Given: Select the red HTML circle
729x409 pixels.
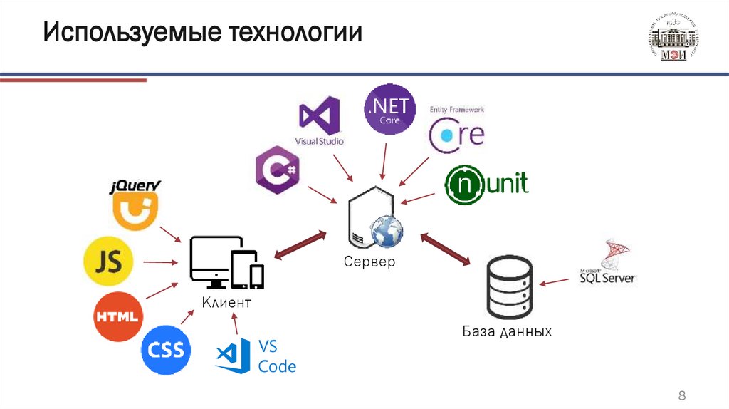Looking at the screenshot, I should pos(118,316).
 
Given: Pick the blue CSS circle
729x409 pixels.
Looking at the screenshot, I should pos(166,350).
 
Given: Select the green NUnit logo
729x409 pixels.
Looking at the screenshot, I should pos(487,185).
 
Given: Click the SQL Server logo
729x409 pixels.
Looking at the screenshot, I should pos(607,263).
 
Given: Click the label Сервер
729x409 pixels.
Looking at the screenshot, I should pos(369,262).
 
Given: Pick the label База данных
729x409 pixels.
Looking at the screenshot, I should pos(507,332).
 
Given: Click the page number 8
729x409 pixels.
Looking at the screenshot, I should pos(681,395).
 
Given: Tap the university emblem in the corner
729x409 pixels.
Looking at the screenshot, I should pos(673,39).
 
